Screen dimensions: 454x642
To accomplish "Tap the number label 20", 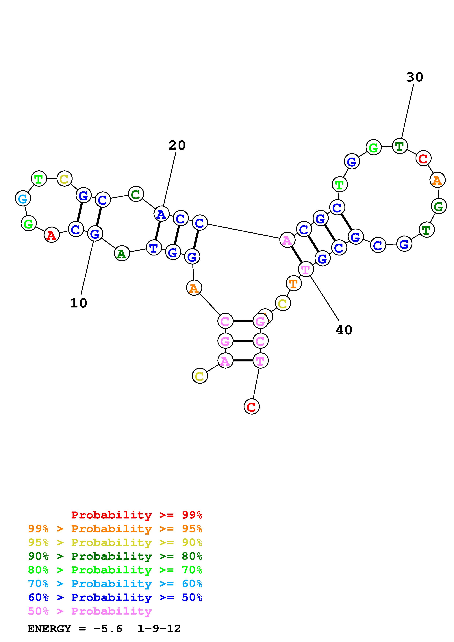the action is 177,145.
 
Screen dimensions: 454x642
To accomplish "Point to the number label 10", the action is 79,303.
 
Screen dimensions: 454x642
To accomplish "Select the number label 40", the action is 344,330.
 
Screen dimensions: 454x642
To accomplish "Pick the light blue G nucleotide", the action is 23,199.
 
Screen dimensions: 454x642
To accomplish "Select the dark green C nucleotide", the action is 136,194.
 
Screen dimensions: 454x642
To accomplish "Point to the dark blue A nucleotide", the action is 161,214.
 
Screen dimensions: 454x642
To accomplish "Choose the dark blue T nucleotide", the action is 154,248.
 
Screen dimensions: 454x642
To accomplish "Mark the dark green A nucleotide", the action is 122,254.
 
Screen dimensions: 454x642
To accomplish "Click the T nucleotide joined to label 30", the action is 399,146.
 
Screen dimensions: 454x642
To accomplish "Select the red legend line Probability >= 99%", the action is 137,515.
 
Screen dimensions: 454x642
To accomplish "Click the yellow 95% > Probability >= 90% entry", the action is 115,542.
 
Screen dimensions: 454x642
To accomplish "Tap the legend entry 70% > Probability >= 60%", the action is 115,584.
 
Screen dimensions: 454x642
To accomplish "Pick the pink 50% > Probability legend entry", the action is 90,611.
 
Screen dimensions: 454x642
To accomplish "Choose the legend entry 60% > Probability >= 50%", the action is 115,598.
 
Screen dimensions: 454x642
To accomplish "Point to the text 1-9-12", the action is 159,629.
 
